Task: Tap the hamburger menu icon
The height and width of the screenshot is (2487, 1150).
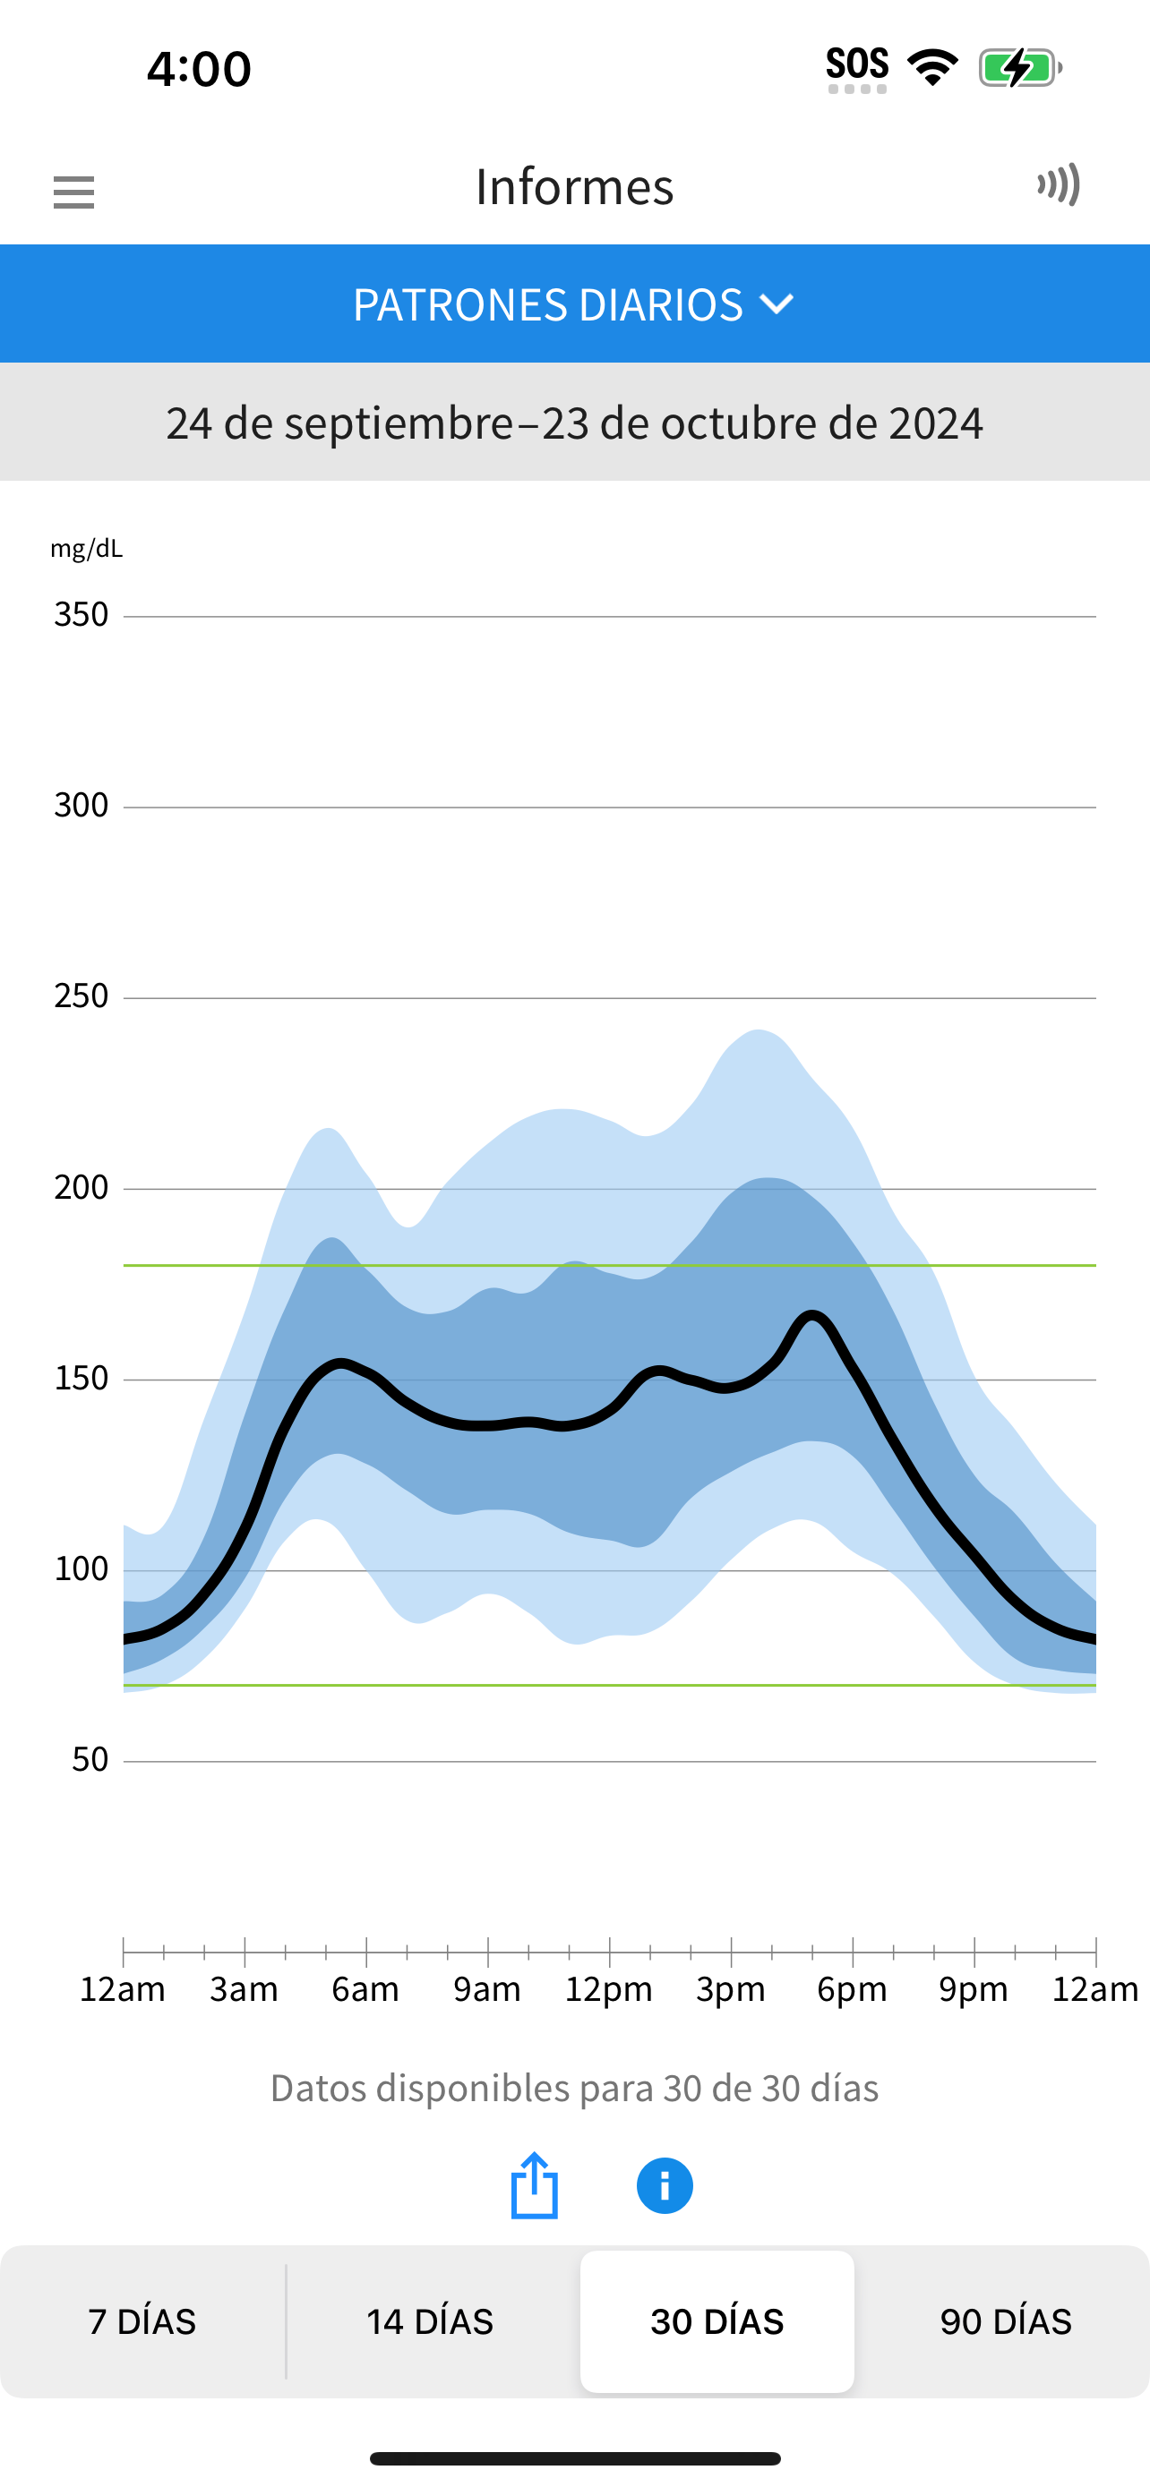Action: pos(73,192)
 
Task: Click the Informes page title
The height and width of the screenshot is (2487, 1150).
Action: pos(574,187)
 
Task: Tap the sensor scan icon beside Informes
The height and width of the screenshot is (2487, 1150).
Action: pos(1060,184)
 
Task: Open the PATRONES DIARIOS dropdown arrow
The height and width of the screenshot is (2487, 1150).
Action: pos(777,305)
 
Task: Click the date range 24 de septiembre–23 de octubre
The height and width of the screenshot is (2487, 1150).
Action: pos(574,423)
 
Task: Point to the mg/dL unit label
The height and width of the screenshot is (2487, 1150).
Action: pos(87,550)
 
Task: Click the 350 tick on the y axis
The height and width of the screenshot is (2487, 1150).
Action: pos(82,615)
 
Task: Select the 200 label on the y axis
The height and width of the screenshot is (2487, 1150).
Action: pos(82,1187)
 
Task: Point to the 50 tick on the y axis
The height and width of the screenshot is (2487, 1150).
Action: pos(90,1760)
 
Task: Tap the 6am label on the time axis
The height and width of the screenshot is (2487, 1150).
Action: pos(366,1990)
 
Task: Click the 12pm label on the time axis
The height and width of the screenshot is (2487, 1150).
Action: pos(609,1990)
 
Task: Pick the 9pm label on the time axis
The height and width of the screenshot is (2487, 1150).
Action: pos(974,1990)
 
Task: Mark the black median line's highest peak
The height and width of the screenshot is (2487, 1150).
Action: pos(813,1314)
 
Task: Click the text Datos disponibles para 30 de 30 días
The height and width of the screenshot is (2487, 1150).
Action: pos(574,2089)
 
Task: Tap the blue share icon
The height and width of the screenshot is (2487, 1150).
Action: pos(534,2186)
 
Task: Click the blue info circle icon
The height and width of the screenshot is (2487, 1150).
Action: pos(665,2186)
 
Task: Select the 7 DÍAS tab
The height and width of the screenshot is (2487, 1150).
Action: pos(142,2322)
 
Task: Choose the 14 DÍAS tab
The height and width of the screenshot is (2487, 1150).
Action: pos(430,2322)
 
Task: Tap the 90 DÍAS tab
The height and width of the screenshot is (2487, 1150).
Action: pos(1005,2322)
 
